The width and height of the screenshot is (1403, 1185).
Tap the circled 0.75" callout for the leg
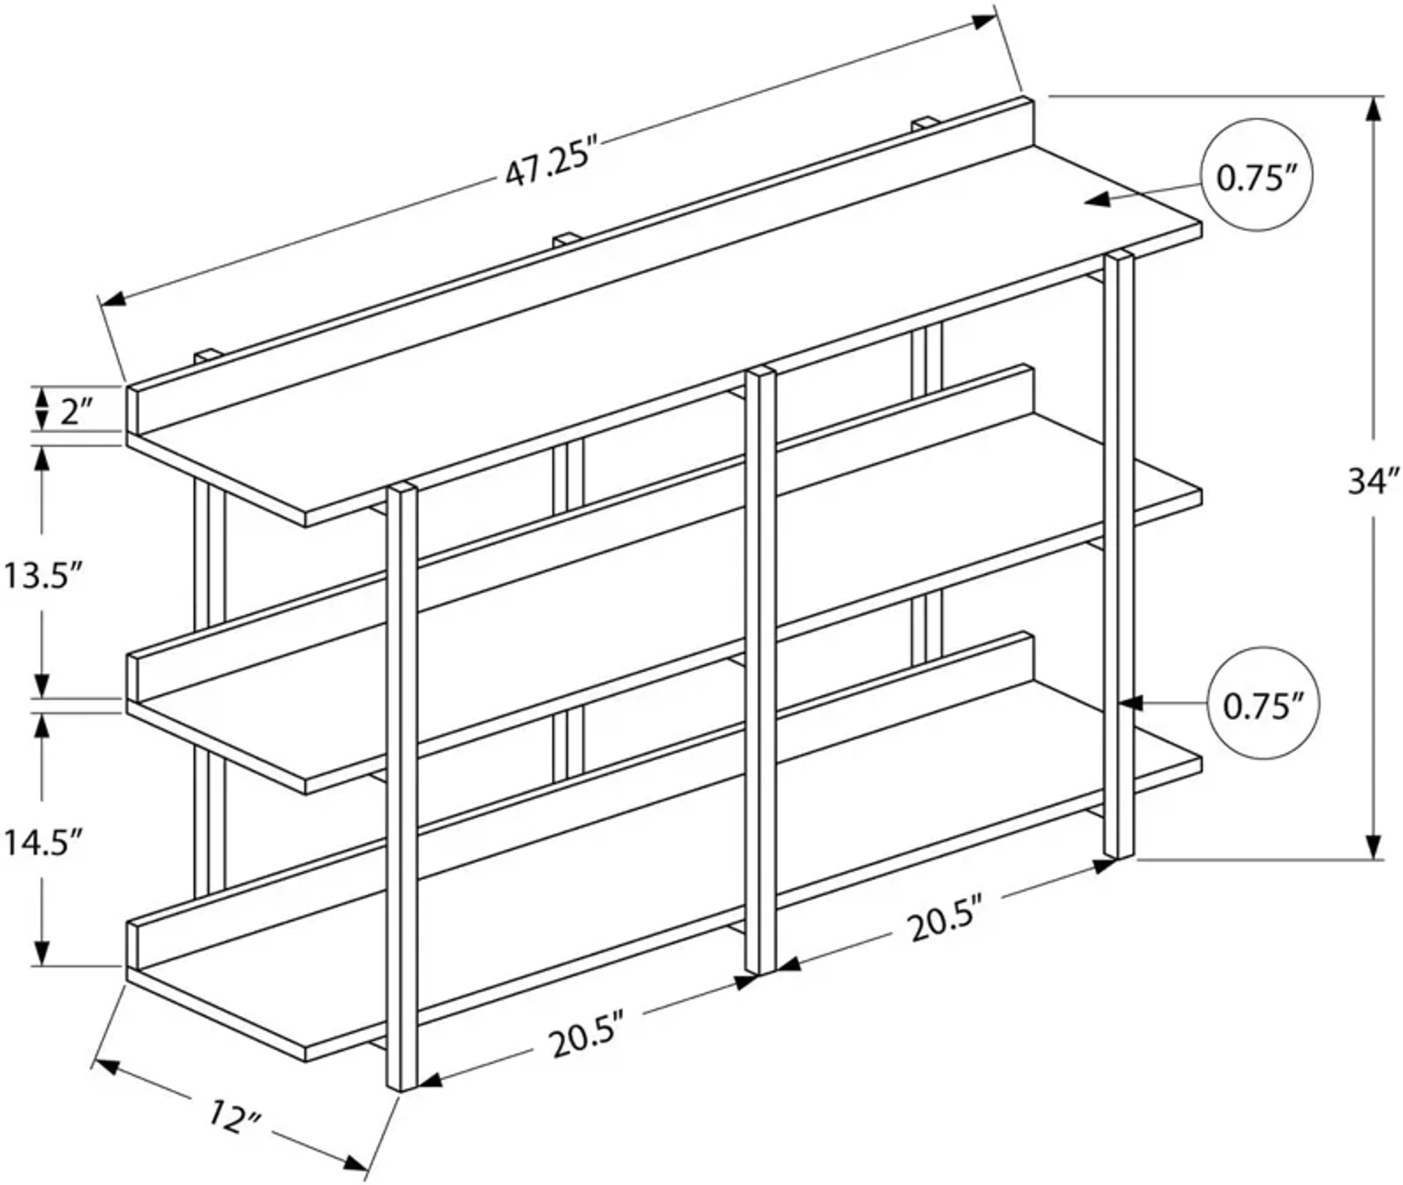(x=1262, y=705)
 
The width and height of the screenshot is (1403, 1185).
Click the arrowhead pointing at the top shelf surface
(x=1098, y=200)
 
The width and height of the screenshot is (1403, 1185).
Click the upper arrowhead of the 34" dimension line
(x=1373, y=109)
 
